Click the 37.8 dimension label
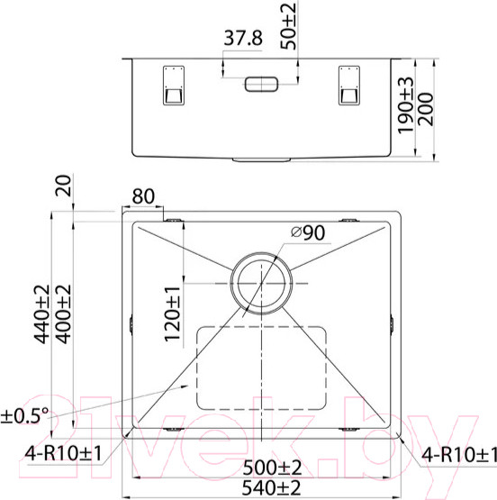[x=243, y=38]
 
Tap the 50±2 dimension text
[x=288, y=26]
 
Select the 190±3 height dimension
[x=405, y=105]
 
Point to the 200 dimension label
[x=426, y=109]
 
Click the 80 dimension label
[x=143, y=196]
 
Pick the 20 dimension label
[x=63, y=186]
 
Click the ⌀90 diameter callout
[x=308, y=232]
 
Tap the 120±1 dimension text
[x=172, y=314]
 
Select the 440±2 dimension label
[x=42, y=314]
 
